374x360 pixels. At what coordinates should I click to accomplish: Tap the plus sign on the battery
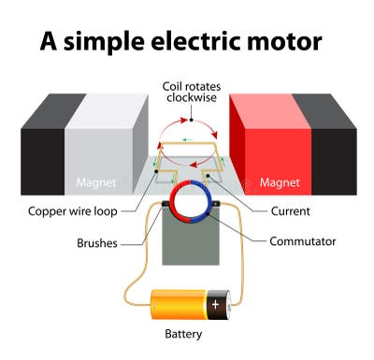coord(216,305)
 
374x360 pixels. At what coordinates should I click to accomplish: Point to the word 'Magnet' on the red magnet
coord(280,182)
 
